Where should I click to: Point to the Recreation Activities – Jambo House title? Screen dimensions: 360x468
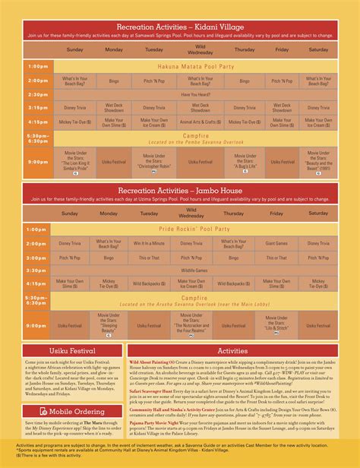[180, 188]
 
